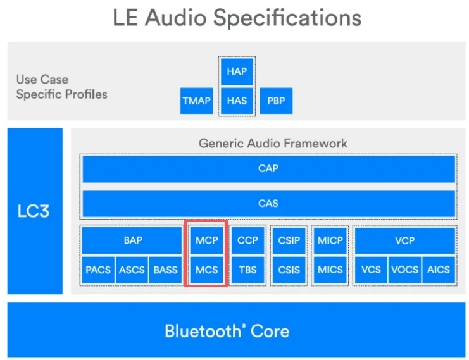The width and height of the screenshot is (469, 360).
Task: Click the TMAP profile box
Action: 196,101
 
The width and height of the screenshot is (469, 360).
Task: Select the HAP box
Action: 237,71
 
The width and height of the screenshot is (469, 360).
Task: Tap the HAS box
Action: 237,101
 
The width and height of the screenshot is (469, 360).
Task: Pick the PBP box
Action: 276,101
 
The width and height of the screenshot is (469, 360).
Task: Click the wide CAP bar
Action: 268,169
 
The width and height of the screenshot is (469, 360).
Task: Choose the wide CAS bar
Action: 268,203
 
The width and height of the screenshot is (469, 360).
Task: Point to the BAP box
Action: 132,240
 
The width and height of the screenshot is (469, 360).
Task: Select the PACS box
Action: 98,270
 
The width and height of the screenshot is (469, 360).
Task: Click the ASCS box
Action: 132,270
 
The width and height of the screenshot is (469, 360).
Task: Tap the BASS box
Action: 166,270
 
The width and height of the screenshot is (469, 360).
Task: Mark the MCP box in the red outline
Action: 206,240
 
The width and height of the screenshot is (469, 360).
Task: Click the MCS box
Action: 206,270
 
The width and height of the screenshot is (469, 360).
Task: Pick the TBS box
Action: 247,270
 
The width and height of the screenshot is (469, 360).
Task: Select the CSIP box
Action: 289,240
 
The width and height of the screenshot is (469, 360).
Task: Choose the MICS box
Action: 330,270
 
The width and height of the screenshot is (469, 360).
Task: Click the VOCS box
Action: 405,270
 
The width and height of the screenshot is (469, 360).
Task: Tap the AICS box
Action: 439,270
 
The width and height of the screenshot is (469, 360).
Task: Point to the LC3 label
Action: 34,211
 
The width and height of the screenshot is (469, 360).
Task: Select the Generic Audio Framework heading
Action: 273,143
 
